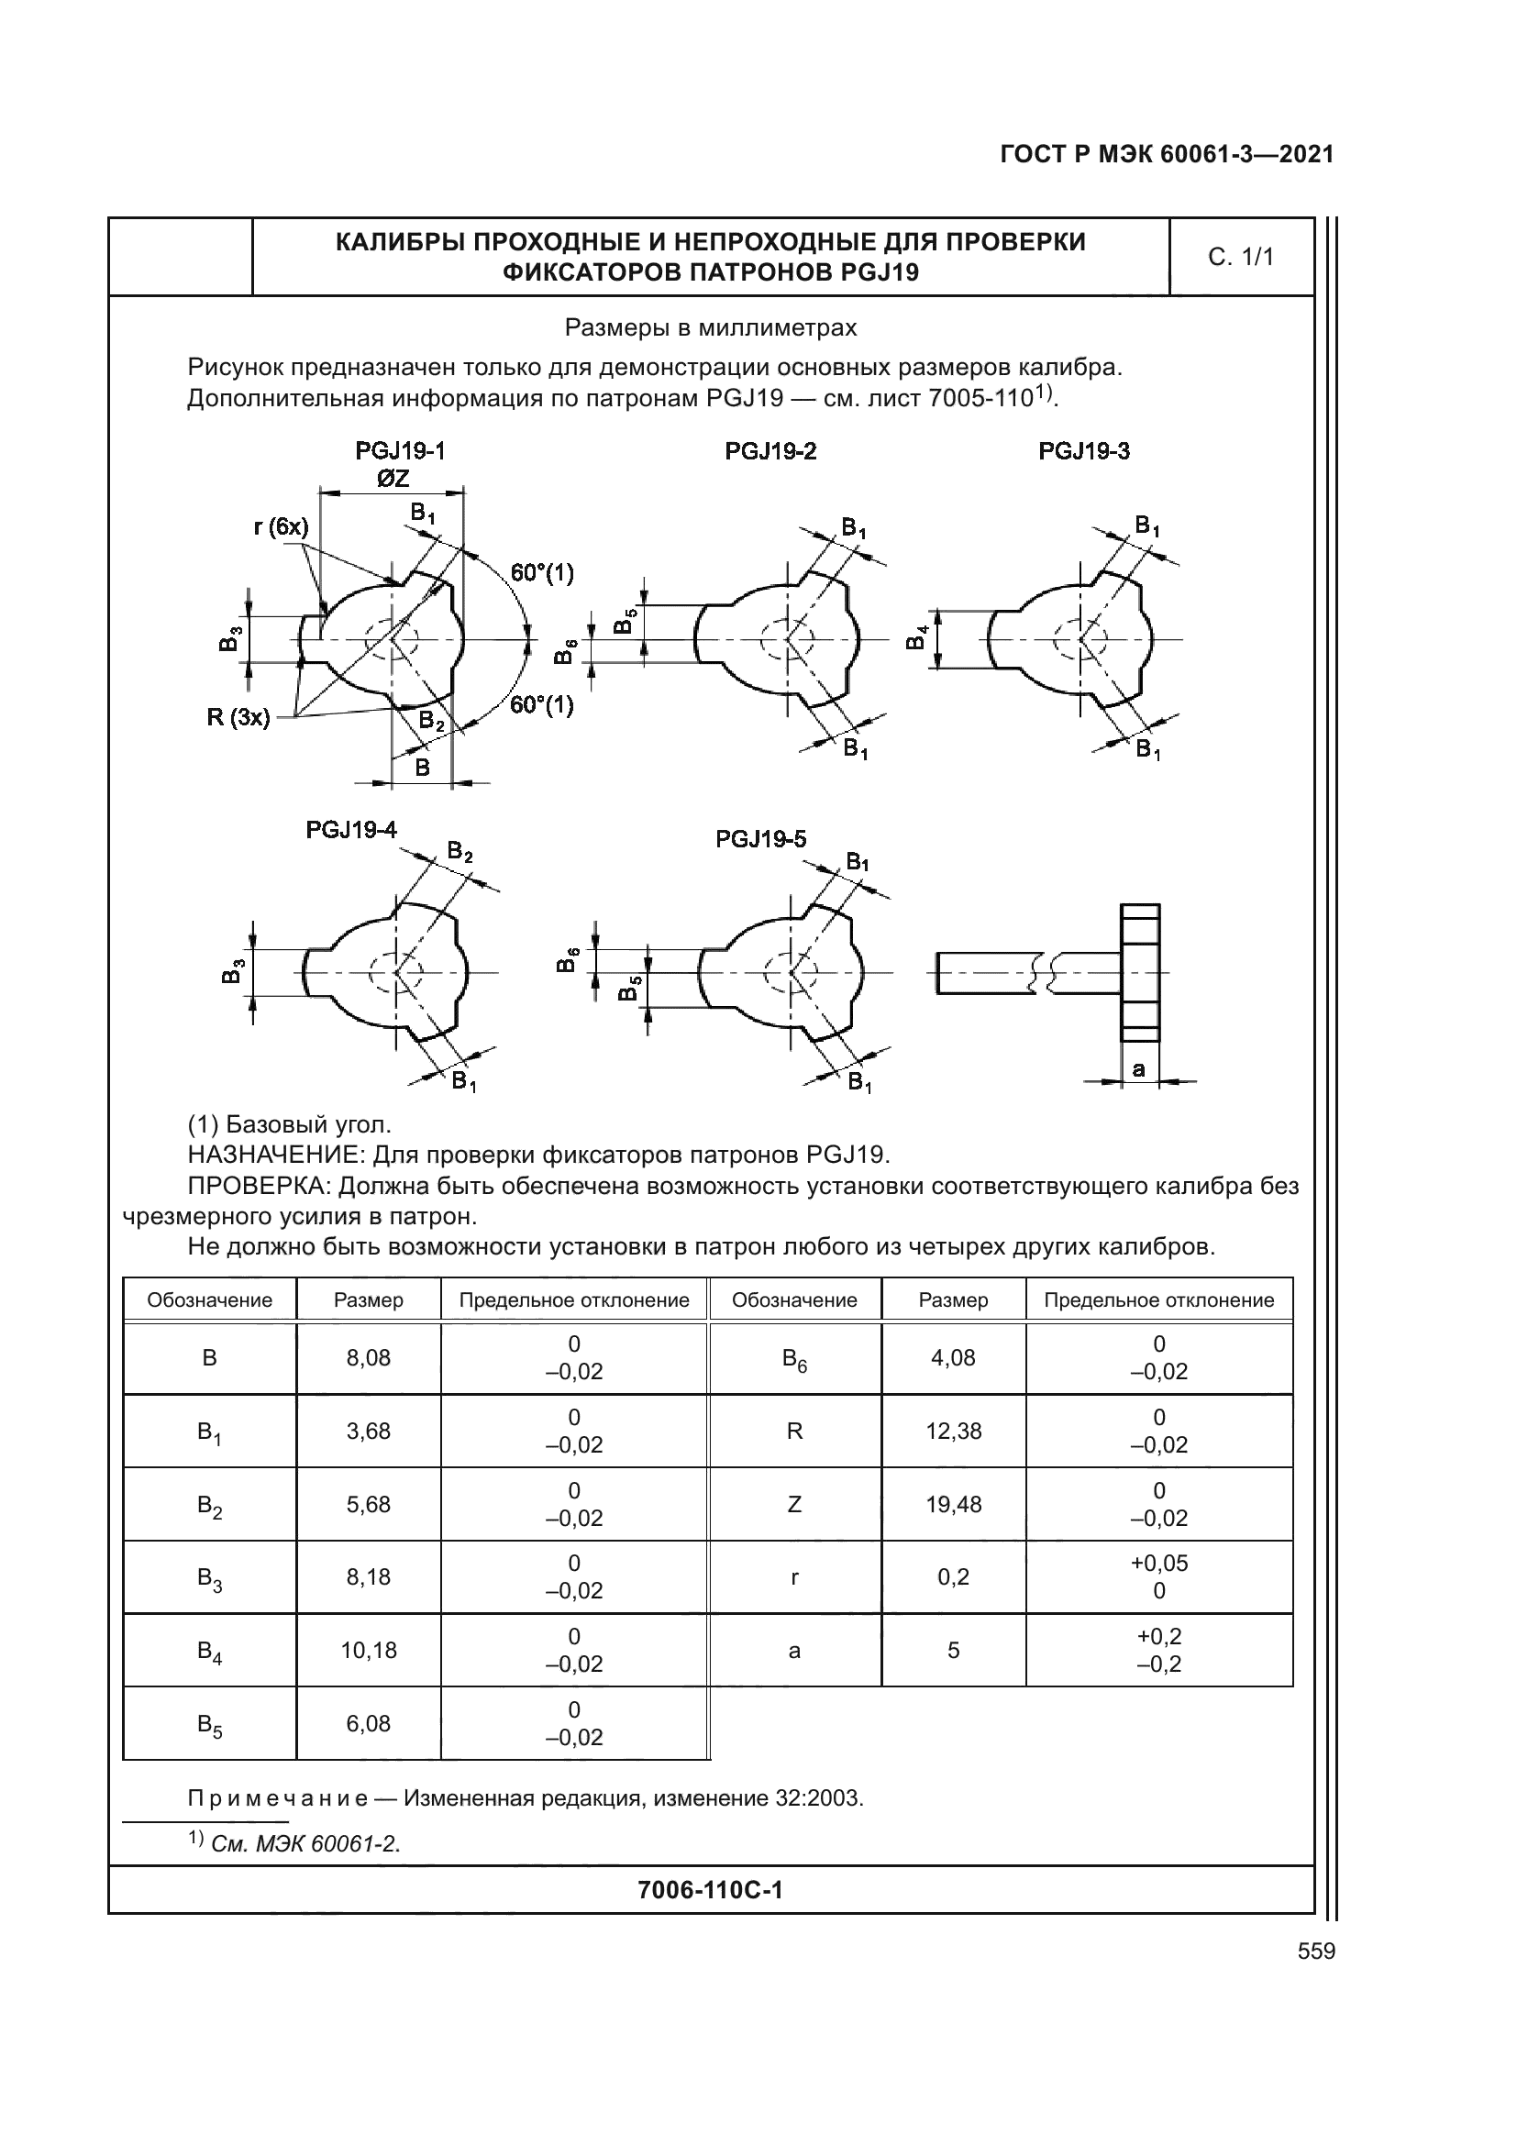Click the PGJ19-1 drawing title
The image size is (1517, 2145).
coord(400,451)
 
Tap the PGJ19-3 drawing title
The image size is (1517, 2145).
coord(1083,451)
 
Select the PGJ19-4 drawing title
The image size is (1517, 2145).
coord(351,830)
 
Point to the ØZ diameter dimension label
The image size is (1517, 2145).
coord(393,479)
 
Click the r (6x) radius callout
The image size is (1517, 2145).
coord(281,527)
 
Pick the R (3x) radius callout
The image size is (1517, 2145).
coord(238,717)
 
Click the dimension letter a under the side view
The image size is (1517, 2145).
coord(1139,1069)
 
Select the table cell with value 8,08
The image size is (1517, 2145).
coord(368,1357)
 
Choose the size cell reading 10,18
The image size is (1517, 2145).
coord(368,1650)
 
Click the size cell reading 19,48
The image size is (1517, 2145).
coord(953,1504)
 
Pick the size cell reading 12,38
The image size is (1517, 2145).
coord(953,1432)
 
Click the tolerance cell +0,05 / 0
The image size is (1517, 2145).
coord(1158,1577)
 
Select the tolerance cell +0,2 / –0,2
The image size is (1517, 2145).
coord(1158,1650)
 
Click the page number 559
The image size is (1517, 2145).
coord(1316,1952)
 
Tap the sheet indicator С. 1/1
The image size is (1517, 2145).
coord(1241,257)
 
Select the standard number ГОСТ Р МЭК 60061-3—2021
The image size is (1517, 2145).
coord(1167,154)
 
